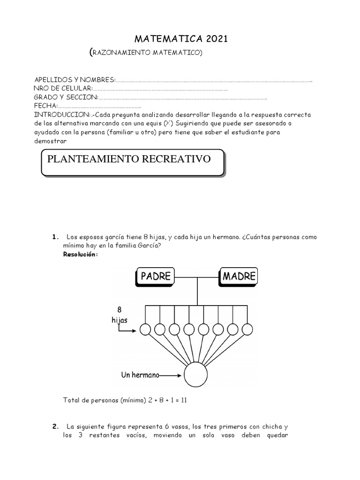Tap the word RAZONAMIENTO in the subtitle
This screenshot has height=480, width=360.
(120, 53)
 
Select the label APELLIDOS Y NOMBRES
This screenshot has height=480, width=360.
(75, 80)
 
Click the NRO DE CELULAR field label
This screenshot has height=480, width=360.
(63, 89)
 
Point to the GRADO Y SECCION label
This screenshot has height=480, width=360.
(66, 97)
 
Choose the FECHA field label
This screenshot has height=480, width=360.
(45, 106)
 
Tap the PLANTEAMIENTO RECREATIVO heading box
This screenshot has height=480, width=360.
(133, 163)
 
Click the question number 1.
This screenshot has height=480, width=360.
(55, 237)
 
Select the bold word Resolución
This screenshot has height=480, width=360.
(81, 254)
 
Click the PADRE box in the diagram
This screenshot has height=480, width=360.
(155, 277)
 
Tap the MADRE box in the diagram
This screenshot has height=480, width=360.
(239, 277)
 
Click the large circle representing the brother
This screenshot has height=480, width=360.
(195, 375)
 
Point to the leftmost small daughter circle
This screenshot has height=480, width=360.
(145, 330)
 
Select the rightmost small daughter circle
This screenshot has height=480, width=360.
(247, 330)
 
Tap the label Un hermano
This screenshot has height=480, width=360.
(139, 375)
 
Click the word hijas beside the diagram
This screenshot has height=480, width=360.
(119, 320)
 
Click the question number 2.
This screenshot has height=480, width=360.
(55, 427)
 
